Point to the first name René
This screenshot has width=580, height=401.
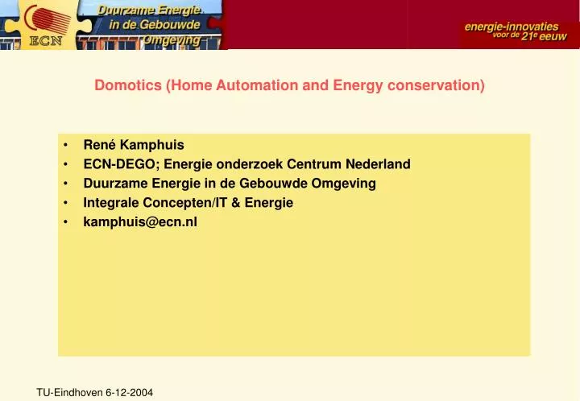click(x=99, y=145)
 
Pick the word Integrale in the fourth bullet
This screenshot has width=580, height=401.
click(x=110, y=203)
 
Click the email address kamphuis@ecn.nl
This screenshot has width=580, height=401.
click(x=140, y=222)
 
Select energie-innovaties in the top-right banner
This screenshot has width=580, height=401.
click(x=512, y=27)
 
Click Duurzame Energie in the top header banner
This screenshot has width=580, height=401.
click(x=149, y=10)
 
